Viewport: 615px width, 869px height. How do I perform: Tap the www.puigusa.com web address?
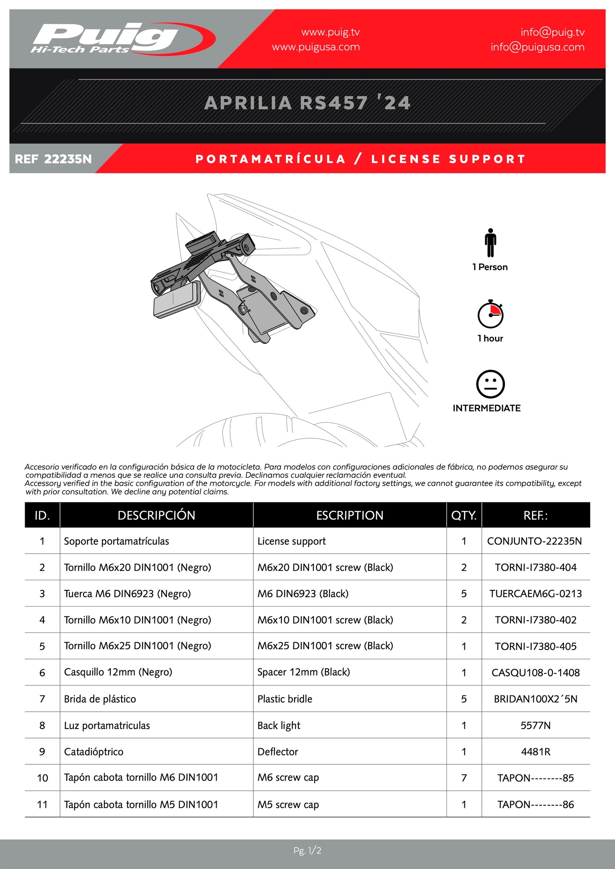315,47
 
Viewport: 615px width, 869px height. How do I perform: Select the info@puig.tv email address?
552,32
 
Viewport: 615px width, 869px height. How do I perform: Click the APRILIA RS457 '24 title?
307,103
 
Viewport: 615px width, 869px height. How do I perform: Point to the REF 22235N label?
53,159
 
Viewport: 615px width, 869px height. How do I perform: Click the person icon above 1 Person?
490,243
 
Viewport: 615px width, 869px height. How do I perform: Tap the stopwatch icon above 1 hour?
490,314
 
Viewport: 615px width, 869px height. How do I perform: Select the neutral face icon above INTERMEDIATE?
490,384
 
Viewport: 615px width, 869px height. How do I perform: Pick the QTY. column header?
464,516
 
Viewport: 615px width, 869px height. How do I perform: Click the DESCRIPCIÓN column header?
156,516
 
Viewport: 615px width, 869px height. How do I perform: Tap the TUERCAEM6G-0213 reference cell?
535,594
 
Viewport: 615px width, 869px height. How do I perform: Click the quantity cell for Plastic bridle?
464,699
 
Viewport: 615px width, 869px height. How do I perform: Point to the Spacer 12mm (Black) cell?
303,672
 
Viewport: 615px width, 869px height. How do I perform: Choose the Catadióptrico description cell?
94,752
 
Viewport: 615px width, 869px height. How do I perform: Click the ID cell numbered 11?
42,805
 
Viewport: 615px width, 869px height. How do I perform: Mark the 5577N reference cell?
535,726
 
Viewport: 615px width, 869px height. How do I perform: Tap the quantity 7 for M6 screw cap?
464,778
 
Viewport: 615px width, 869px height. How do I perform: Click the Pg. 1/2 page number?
307,851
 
